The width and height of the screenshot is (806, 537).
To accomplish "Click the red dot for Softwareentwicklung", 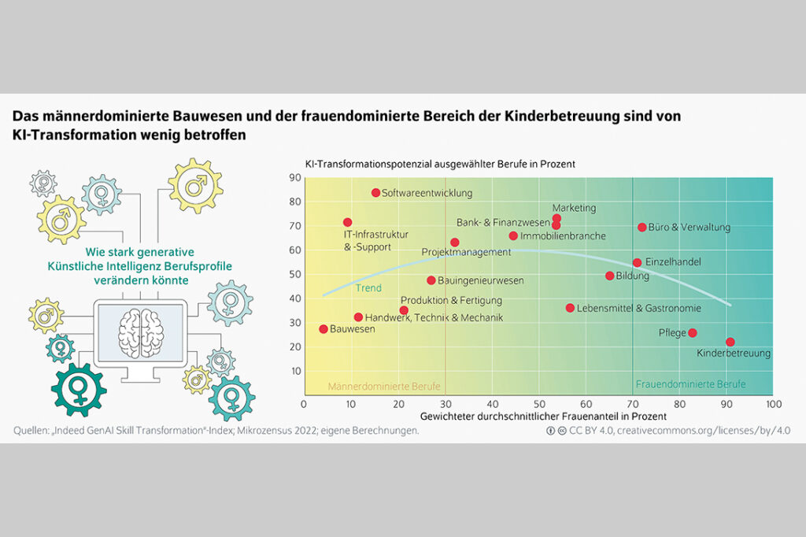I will (375, 193).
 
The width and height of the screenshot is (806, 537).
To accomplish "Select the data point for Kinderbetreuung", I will (730, 343).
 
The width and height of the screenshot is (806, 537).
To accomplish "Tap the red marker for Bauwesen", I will (324, 329).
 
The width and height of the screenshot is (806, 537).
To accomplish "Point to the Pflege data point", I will (693, 333).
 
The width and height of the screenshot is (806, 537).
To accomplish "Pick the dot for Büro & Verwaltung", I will (642, 228).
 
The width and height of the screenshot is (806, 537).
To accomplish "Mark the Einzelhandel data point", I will (637, 263).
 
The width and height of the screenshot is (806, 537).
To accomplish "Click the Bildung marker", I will (609, 276).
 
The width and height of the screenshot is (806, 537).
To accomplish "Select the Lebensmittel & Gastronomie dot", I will (570, 308).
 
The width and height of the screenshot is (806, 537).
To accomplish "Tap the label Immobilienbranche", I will (563, 235).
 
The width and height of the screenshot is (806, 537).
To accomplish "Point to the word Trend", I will (368, 288).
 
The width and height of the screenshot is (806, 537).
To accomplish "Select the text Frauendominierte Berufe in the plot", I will (690, 385).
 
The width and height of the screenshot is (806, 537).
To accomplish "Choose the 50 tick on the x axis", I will (538, 403).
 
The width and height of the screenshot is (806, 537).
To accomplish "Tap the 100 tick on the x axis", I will (773, 403).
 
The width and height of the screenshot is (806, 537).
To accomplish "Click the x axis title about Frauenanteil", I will (543, 415).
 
